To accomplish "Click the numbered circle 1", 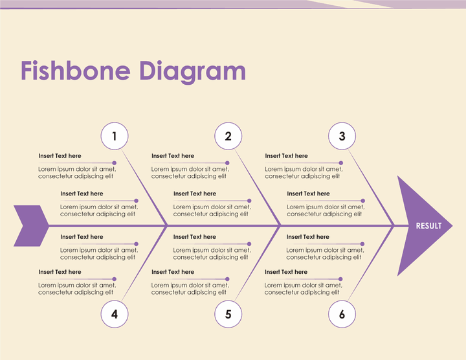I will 115,137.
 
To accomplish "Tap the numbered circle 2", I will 228,137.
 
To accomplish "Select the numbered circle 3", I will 342,137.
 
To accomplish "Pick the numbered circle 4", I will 115,315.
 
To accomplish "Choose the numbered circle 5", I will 228,315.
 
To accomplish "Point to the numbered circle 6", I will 342,315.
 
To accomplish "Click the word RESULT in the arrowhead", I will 428,226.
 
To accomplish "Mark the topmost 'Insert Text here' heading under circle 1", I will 60,156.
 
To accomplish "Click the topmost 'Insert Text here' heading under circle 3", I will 286,156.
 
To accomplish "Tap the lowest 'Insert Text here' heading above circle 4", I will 60,272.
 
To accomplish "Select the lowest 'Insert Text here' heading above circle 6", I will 286,272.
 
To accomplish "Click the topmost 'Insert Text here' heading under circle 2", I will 173,156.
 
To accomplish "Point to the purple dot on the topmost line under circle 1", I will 115,163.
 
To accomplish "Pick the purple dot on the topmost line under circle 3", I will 342,163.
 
